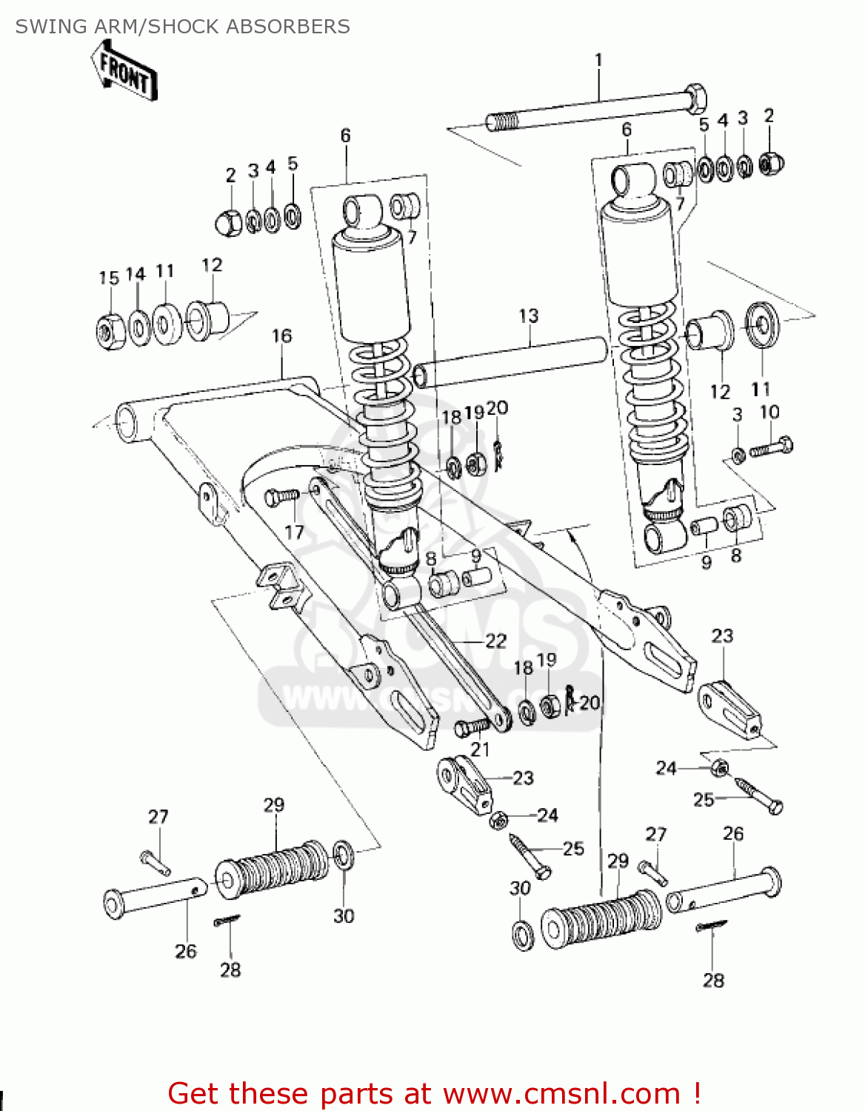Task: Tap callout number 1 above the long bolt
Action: (598, 60)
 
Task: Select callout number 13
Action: (528, 316)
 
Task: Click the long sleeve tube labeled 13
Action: (511, 361)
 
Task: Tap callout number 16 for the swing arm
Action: (281, 336)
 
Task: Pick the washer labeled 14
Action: (139, 327)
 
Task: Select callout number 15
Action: (109, 278)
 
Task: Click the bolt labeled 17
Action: (281, 497)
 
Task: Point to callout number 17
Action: (294, 532)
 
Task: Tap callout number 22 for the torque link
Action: (495, 641)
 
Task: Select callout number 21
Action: (480, 750)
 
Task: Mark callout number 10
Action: (769, 412)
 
